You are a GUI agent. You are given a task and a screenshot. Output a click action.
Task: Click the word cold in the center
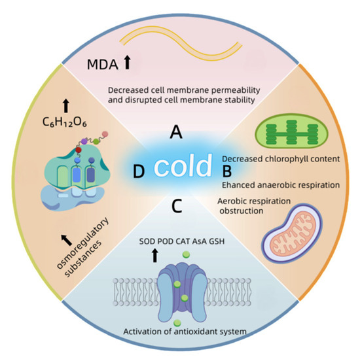tap(183, 165)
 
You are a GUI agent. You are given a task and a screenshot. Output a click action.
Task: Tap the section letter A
tap(176, 132)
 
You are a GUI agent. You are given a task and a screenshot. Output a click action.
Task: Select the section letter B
tap(227, 171)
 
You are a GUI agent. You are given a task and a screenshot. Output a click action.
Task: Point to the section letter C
tap(177, 206)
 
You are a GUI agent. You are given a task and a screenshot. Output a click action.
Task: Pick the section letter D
tap(139, 171)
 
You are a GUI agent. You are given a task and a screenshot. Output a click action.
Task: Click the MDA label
tap(103, 65)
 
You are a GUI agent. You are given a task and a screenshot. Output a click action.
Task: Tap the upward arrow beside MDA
tap(127, 62)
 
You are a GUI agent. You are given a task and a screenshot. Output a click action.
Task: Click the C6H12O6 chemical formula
tap(65, 122)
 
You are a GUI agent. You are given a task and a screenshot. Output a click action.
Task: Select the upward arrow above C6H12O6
tap(66, 106)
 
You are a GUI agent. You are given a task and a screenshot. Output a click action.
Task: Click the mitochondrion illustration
tap(291, 233)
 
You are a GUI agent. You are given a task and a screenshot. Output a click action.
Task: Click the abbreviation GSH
tap(217, 241)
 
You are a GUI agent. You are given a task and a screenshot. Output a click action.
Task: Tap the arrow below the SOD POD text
tap(154, 255)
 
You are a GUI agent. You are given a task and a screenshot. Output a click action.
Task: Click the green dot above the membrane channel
tap(186, 254)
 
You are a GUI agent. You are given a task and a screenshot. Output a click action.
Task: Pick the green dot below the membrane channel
tap(177, 323)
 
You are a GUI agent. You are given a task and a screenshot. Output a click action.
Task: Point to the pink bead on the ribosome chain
tap(105, 134)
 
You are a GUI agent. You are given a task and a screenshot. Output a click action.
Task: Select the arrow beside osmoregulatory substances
tap(67, 240)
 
